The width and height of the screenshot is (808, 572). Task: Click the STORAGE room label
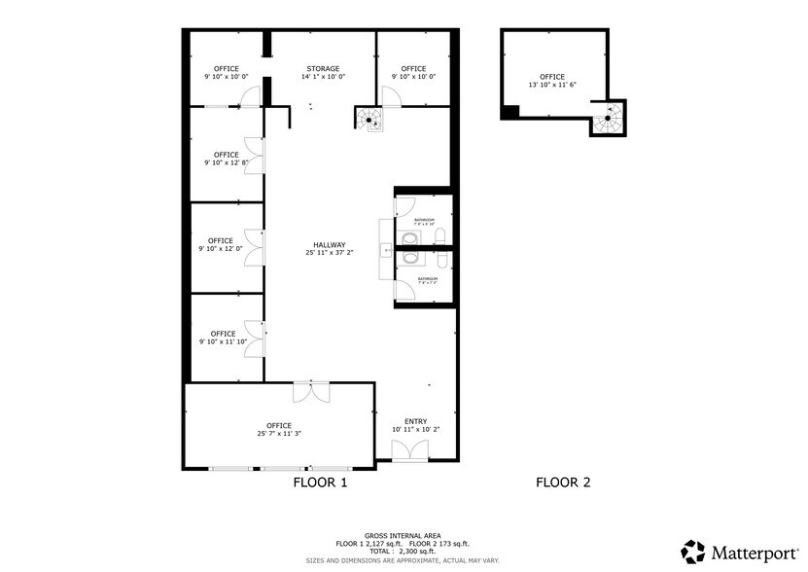(324, 69)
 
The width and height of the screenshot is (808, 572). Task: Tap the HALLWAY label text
(330, 245)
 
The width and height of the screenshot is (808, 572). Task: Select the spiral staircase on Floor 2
(608, 120)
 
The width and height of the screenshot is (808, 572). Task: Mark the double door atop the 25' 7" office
(310, 391)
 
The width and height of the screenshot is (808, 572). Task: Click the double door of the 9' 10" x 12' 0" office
(254, 247)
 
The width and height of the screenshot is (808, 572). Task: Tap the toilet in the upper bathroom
(439, 235)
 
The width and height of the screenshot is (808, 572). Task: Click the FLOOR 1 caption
(320, 482)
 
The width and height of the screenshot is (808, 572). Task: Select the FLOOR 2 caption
(563, 482)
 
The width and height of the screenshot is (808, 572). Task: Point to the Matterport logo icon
(693, 552)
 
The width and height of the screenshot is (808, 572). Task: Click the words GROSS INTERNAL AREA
(403, 536)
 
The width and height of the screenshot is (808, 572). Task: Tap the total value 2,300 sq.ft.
(422, 552)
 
